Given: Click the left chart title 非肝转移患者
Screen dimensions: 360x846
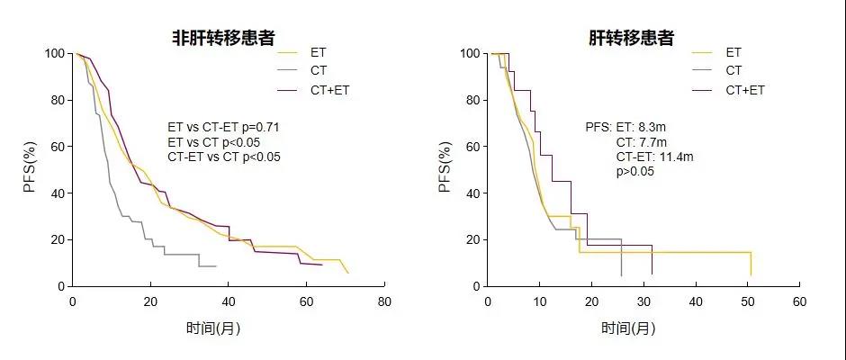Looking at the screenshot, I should [224, 38].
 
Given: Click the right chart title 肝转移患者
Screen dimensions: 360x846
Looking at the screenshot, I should [632, 38].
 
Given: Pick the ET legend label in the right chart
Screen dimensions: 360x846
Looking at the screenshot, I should [733, 51].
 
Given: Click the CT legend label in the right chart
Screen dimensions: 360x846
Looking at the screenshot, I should [733, 70].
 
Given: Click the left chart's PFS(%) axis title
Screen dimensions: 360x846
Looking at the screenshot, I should [30, 168].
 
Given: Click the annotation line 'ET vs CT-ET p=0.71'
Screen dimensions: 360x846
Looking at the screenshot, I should [223, 128].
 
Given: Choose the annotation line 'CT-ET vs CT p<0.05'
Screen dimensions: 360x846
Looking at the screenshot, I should [224, 157].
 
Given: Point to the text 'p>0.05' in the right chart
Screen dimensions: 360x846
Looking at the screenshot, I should [635, 171].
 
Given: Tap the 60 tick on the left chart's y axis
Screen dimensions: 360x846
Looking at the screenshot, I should [58, 147].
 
